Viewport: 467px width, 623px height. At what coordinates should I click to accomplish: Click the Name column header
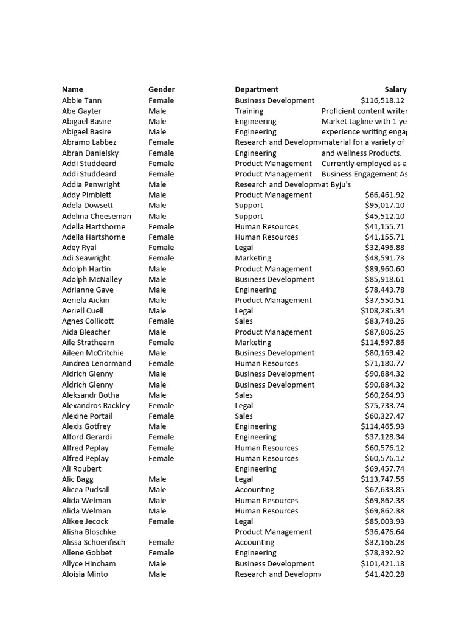click(x=72, y=89)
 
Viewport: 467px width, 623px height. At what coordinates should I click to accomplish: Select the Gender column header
click(x=161, y=89)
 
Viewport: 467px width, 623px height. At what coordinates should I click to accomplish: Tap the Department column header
click(x=257, y=89)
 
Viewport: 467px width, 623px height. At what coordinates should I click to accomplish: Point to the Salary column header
click(x=395, y=89)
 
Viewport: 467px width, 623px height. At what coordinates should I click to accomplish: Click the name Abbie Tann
click(x=81, y=100)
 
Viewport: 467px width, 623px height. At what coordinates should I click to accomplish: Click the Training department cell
click(x=249, y=111)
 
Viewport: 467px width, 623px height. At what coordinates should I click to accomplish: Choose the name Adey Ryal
click(x=79, y=248)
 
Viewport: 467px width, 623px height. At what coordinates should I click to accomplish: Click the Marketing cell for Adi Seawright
click(x=253, y=258)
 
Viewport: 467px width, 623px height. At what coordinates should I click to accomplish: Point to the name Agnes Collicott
click(x=88, y=321)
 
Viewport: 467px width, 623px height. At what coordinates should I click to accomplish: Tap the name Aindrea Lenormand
click(x=96, y=363)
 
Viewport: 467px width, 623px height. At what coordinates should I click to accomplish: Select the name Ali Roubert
click(x=81, y=468)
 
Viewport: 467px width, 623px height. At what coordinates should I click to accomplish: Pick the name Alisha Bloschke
click(x=89, y=532)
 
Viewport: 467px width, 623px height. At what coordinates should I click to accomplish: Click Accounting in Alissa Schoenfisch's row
click(x=254, y=542)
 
